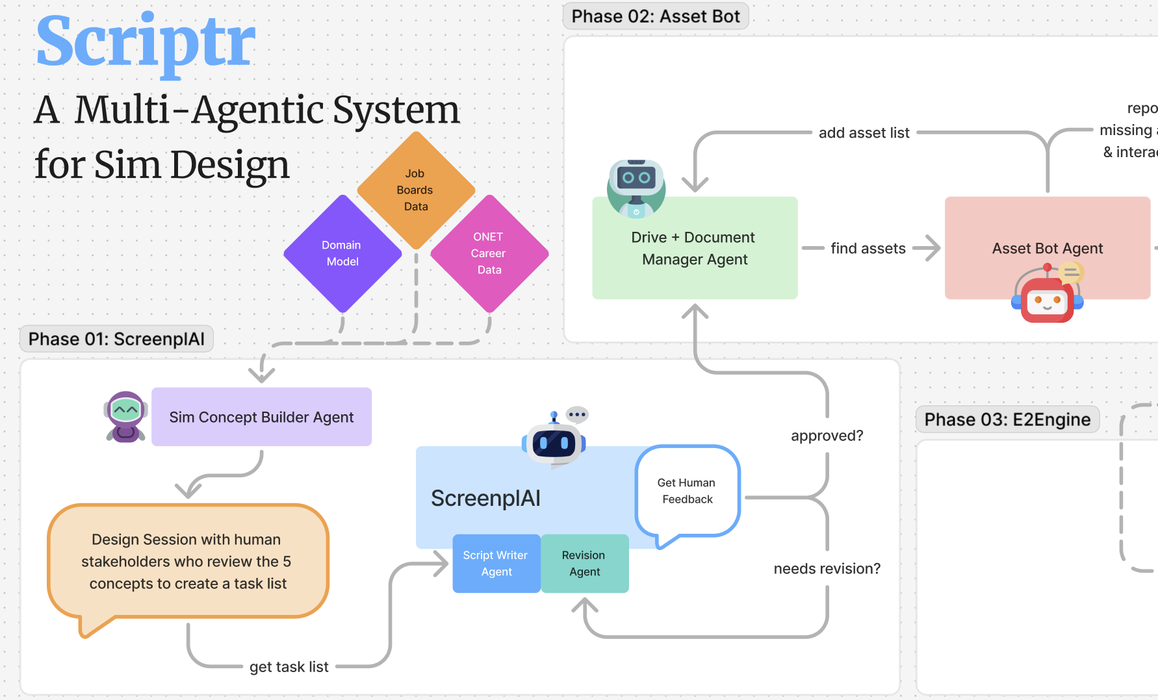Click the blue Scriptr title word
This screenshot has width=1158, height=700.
click(x=146, y=43)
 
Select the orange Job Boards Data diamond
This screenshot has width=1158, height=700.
click(x=416, y=190)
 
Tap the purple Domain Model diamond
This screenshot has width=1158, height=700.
click(x=342, y=253)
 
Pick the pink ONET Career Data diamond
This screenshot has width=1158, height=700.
click(x=489, y=253)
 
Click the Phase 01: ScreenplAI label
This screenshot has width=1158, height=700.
click(x=116, y=339)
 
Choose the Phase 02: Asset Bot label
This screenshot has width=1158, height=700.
click(x=656, y=16)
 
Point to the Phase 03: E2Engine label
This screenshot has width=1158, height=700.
click(x=1007, y=419)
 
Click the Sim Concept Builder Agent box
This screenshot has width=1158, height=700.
click(x=261, y=417)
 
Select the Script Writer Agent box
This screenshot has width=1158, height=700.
click(x=496, y=564)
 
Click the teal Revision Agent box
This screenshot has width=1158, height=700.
click(x=584, y=564)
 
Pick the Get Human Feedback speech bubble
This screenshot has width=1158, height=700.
click(x=687, y=492)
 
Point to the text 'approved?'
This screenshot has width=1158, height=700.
click(x=827, y=436)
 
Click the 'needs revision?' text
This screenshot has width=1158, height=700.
click(x=827, y=569)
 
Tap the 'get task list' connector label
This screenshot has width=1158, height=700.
click(x=289, y=667)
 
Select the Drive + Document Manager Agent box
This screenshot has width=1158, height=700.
click(x=695, y=248)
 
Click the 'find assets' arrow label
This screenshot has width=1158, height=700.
click(x=868, y=248)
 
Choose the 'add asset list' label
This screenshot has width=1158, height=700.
click(x=864, y=133)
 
